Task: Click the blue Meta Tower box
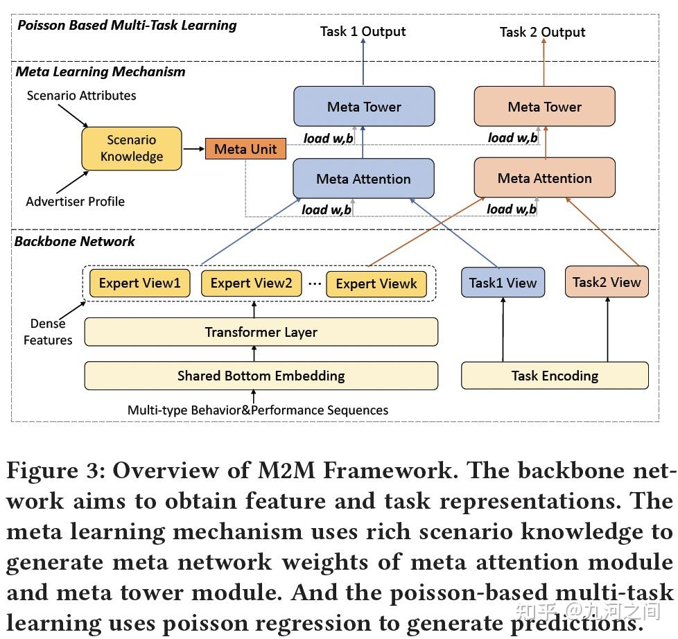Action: [x=364, y=107]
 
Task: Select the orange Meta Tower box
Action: [x=544, y=107]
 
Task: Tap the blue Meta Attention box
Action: [x=364, y=179]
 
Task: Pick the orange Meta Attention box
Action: [x=544, y=178]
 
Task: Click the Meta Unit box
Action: [x=245, y=149]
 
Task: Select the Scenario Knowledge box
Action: [x=132, y=148]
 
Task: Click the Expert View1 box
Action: [x=139, y=283]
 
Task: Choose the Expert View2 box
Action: [x=251, y=283]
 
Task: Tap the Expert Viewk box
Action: [x=376, y=283]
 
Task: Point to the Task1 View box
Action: [x=503, y=283]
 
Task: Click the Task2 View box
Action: [x=607, y=282]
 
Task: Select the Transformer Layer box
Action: [x=261, y=332]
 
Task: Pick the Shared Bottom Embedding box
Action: [x=261, y=376]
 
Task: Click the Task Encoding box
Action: [x=555, y=376]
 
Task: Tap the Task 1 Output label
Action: [x=363, y=31]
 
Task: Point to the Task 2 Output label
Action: [x=542, y=32]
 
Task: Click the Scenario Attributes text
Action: [x=81, y=96]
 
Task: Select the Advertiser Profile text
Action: [x=75, y=202]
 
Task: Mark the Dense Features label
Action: [x=48, y=332]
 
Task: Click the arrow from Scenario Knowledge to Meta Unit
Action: [x=193, y=148]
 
